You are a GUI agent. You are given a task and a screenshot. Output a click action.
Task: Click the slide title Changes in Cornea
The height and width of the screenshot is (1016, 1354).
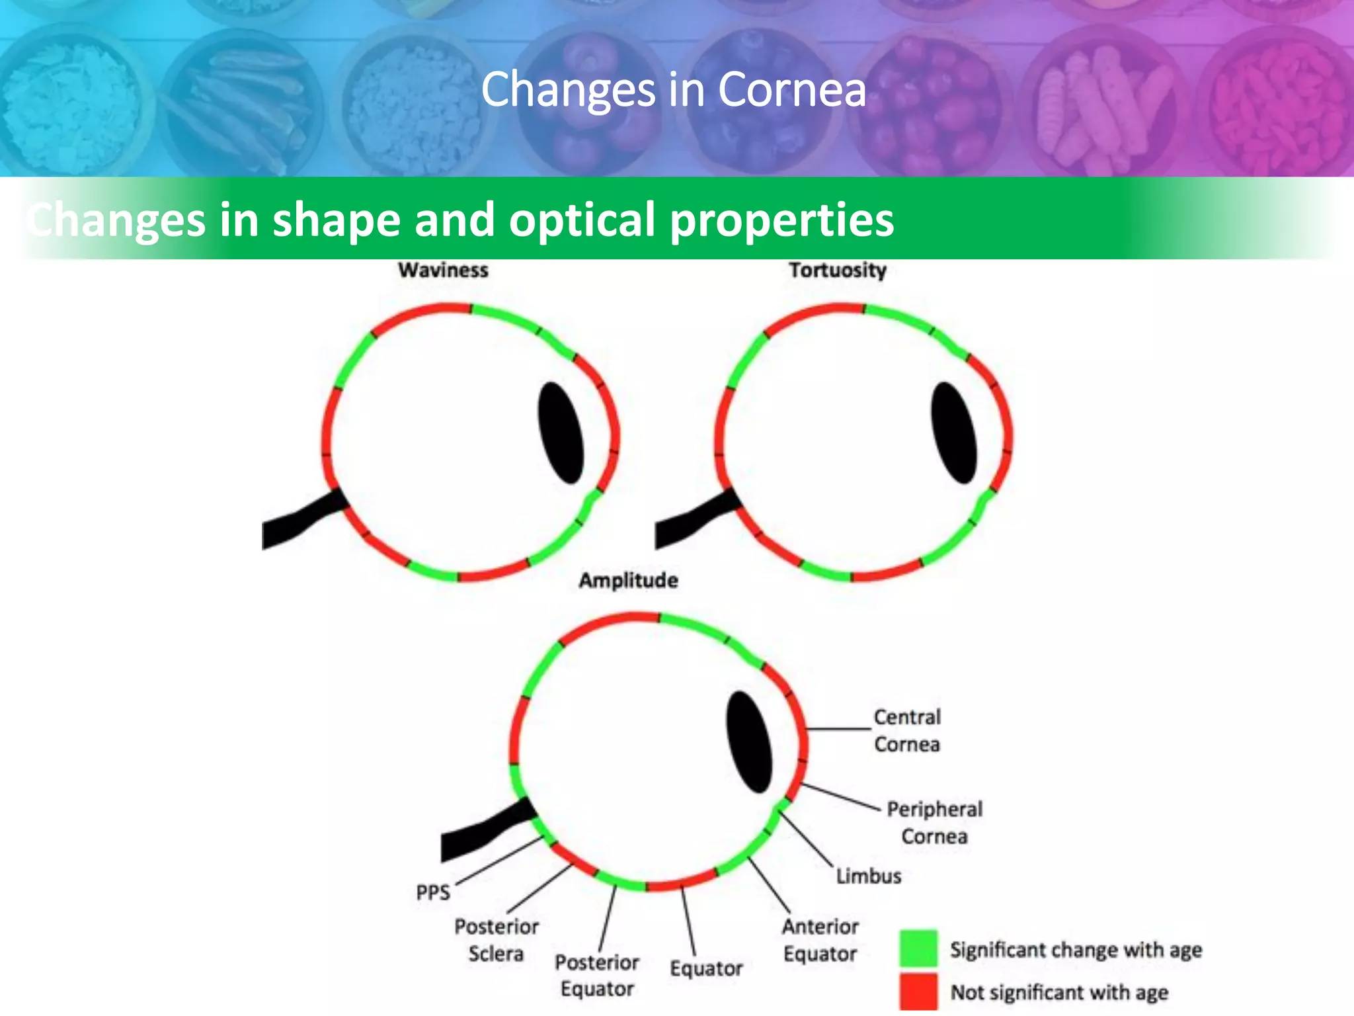click(x=673, y=89)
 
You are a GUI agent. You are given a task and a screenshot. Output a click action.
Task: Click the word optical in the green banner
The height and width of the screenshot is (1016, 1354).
click(x=582, y=219)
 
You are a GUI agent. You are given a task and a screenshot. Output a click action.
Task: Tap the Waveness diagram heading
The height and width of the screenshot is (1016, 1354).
click(x=443, y=270)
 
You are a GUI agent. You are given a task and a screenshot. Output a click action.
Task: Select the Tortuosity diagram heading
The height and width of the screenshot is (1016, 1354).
click(x=837, y=270)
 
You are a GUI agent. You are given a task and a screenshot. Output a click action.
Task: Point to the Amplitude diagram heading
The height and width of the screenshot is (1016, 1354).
click(x=628, y=580)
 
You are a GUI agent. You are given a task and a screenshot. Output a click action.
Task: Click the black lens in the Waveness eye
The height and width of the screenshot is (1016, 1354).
click(x=561, y=433)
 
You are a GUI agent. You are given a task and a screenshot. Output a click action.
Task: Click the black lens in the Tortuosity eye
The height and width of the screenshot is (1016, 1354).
click(x=953, y=433)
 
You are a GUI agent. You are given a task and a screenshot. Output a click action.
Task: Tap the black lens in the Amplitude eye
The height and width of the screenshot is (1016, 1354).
click(x=749, y=741)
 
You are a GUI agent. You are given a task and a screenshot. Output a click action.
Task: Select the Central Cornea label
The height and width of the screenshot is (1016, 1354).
click(x=907, y=730)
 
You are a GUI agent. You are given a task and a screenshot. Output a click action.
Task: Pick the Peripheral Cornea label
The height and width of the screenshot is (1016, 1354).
click(x=934, y=822)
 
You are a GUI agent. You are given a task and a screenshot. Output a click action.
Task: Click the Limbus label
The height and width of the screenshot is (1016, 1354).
click(x=869, y=876)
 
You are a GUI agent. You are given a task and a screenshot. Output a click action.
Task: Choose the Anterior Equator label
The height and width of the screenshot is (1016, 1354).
click(x=820, y=940)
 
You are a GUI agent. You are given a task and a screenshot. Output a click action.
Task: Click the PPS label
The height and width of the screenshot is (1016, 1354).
click(x=433, y=892)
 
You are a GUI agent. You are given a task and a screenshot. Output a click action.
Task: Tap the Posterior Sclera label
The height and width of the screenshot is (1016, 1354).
click(x=496, y=940)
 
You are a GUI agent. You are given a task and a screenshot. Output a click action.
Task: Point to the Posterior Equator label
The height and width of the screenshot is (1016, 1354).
click(x=597, y=975)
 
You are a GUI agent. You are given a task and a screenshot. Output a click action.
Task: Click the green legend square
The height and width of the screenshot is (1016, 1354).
click(x=918, y=949)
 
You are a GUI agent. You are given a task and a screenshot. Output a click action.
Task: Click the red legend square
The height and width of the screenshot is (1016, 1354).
click(x=918, y=991)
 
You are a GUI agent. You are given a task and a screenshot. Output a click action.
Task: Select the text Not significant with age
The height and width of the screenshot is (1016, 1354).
click(x=1059, y=992)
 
